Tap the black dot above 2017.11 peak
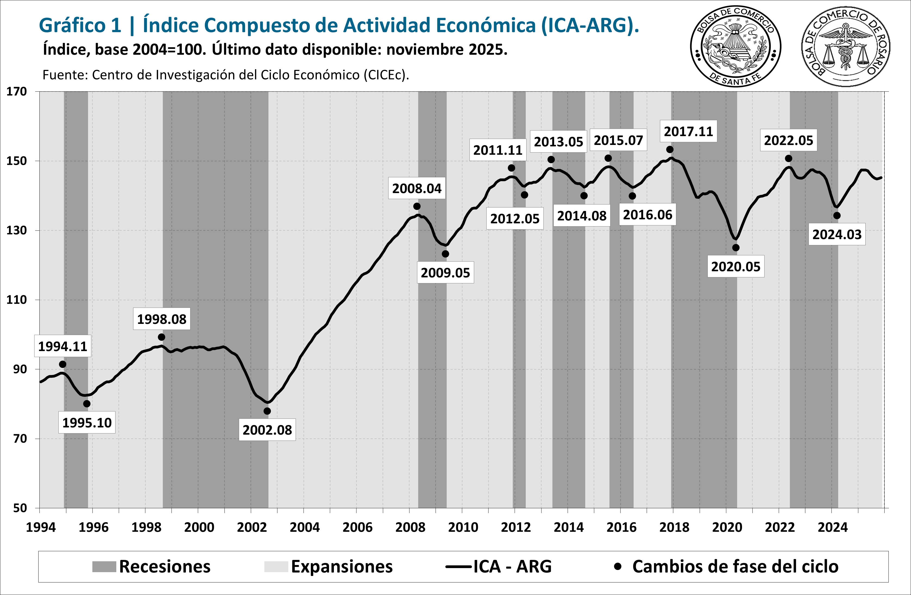tap(669, 149)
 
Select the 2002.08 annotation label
tap(267, 430)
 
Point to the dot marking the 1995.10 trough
tap(87, 404)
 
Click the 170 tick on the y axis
tap(17, 92)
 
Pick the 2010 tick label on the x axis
tap(463, 528)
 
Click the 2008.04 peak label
tap(417, 188)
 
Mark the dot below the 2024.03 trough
tap(837, 216)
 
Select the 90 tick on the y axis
tap(20, 369)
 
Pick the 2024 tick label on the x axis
tap(832, 528)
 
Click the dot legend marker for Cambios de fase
tap(617, 566)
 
